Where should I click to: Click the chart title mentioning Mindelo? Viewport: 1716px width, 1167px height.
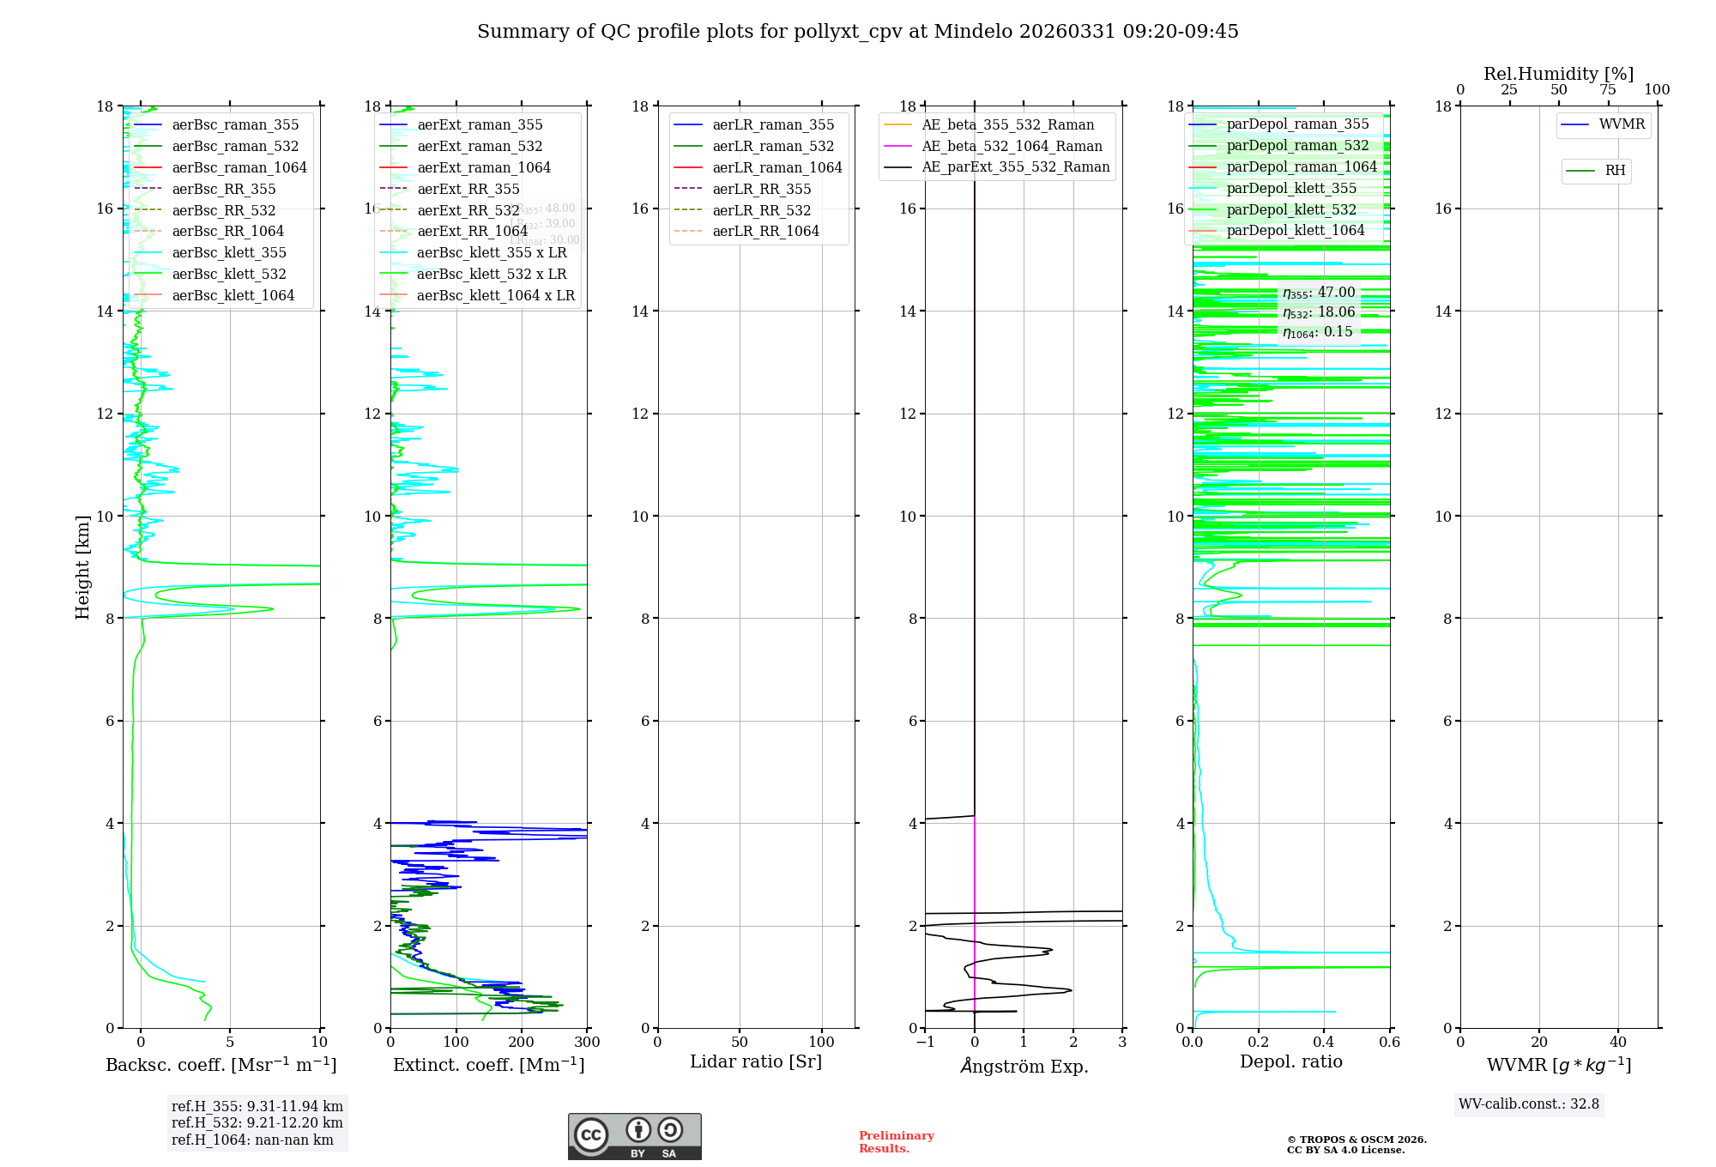tap(857, 32)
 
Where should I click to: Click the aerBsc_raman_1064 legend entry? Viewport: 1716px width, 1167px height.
tap(239, 168)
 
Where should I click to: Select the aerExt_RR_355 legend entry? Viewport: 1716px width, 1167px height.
tap(468, 190)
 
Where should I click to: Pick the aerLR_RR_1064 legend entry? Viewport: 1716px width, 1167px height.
tap(765, 232)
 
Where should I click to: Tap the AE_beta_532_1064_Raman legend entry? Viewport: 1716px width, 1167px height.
tap(1012, 147)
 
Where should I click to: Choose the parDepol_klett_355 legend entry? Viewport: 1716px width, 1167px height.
tap(1291, 189)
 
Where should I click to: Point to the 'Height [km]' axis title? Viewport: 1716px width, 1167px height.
tap(82, 566)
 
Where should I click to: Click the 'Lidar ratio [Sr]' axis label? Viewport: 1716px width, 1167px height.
tap(756, 1062)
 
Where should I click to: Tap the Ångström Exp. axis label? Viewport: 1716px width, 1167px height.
tap(1024, 1067)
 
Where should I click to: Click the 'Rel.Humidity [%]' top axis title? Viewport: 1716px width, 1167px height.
tap(1558, 74)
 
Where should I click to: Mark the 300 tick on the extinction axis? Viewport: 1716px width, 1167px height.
tap(588, 1043)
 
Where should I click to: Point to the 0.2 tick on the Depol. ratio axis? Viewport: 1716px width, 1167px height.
tap(1259, 1043)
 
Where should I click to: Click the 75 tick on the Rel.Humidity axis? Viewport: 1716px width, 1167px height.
tap(1608, 90)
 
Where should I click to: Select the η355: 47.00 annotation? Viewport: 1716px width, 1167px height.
tap(1319, 293)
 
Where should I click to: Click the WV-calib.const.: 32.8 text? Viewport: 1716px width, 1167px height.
tap(1529, 1104)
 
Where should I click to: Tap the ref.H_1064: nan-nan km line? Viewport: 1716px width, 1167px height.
tap(252, 1140)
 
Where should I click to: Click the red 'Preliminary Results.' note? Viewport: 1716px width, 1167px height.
tap(896, 1142)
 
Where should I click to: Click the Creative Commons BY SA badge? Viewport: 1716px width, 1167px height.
tap(634, 1137)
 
